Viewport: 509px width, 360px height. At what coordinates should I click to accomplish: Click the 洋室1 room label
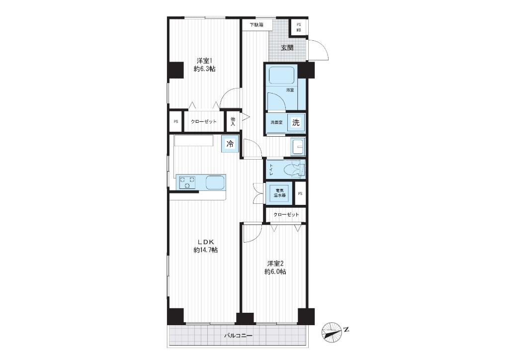(x=204, y=61)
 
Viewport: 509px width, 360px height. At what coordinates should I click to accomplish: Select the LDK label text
(x=205, y=242)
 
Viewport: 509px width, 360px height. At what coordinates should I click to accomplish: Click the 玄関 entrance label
(x=287, y=48)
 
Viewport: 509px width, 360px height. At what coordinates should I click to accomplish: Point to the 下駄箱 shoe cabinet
(x=256, y=25)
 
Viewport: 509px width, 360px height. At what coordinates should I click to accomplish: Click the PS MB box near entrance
(x=299, y=27)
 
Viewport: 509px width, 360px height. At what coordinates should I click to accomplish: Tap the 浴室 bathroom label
(x=290, y=90)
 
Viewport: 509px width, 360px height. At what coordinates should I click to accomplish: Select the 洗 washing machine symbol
(x=296, y=122)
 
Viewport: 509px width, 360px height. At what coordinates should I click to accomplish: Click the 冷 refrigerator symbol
(x=230, y=144)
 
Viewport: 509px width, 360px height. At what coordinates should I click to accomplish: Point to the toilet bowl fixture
(x=294, y=169)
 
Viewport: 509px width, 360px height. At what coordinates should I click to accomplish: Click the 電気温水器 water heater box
(x=279, y=193)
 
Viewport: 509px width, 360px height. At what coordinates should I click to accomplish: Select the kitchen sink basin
(x=215, y=182)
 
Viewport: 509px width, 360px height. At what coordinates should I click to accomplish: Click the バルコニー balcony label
(x=238, y=335)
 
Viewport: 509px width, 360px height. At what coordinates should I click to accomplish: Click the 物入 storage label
(x=233, y=122)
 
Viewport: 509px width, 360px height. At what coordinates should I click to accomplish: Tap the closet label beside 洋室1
(x=203, y=122)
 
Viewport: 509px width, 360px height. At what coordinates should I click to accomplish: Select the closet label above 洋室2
(x=286, y=215)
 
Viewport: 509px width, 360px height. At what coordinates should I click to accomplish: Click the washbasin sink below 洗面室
(x=298, y=147)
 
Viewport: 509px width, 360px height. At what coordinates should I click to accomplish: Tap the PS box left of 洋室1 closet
(x=176, y=122)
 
